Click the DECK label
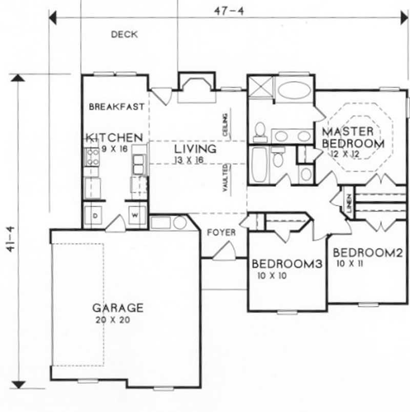[x=124, y=35]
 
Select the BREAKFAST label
[x=116, y=107]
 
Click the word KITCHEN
[x=114, y=138]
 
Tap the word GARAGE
[x=117, y=308]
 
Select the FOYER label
[x=221, y=233]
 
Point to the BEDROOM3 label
[x=287, y=264]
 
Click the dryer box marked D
[x=95, y=215]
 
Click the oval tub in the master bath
[x=293, y=91]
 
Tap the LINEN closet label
[x=348, y=202]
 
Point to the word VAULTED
[x=225, y=178]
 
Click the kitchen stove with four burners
[x=92, y=156]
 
